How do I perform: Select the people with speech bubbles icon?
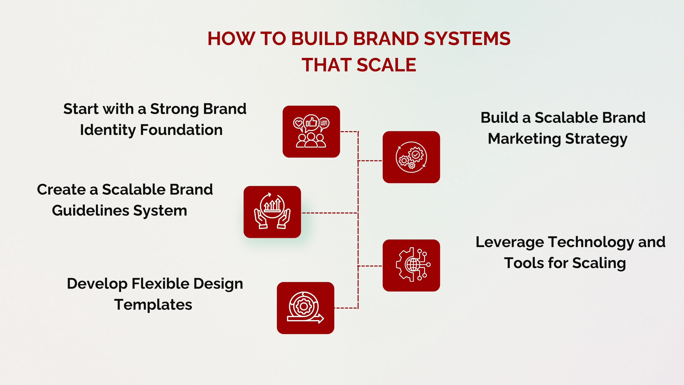point(311,132)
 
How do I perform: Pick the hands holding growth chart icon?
point(272,212)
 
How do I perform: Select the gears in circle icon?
point(411,157)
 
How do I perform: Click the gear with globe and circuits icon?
point(411,265)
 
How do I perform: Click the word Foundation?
point(181,130)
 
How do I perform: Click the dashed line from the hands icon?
point(329,213)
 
